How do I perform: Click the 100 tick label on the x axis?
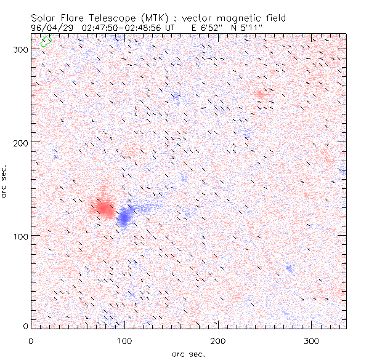124,340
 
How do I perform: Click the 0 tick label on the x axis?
31,340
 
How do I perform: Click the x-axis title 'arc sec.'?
188,354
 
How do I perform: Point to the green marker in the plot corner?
45,41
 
